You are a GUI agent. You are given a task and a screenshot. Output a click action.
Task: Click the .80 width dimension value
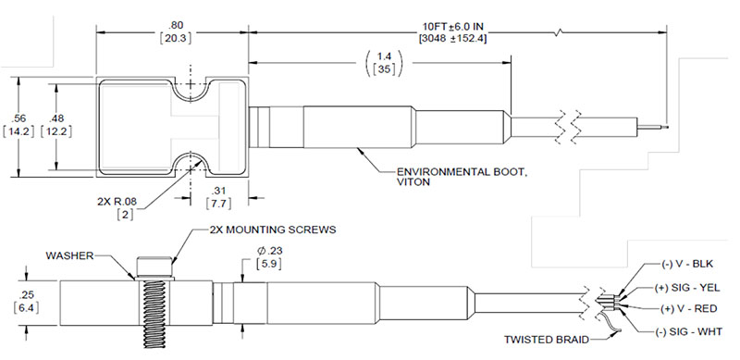point(175,25)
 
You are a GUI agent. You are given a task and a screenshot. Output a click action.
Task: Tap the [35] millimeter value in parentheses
point(384,69)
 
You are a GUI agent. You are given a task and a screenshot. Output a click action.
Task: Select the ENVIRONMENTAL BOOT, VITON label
point(461,176)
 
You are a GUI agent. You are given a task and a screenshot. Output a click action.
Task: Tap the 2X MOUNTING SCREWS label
point(272,230)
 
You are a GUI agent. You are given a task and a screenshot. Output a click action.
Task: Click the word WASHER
point(69,255)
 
